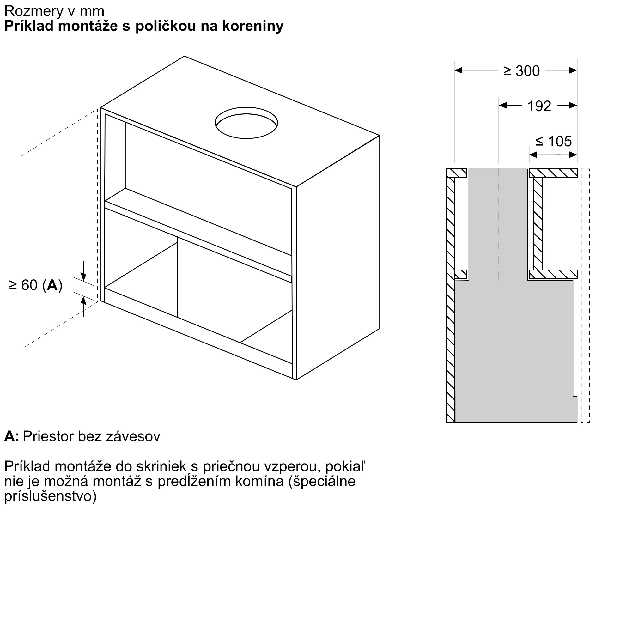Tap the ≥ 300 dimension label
tap(521, 71)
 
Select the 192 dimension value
tap(539, 106)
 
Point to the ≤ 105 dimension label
tap(554, 141)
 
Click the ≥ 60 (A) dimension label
tap(36, 285)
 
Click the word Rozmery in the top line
tap(34, 11)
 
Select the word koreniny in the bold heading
tap(253, 26)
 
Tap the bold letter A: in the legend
tap(12, 436)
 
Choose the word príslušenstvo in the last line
tap(50, 496)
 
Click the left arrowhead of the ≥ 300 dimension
tap(458, 70)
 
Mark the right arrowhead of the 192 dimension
tap(573, 105)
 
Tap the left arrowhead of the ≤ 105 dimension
tap(533, 155)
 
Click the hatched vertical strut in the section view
tap(538, 223)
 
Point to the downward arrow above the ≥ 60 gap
tap(84, 276)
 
